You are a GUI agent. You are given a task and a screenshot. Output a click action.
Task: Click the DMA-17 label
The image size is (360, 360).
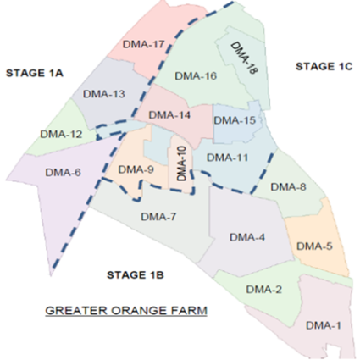144,44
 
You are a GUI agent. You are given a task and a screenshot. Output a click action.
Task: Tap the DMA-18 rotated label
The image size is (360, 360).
244,58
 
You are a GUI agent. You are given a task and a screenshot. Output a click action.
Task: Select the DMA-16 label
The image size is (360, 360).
196,76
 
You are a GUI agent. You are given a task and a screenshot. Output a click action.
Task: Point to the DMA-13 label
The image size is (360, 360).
104,94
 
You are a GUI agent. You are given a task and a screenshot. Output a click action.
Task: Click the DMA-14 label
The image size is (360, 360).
169,115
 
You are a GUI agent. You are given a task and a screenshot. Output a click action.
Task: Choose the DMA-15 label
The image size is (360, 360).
235,120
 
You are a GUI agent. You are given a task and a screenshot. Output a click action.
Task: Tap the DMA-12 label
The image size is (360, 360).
61,134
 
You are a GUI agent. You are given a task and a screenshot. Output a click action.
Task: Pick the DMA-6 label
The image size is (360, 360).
63,173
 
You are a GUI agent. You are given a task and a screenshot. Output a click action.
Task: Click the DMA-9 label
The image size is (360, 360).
136,169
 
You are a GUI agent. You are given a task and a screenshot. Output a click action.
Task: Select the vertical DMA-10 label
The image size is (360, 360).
181,163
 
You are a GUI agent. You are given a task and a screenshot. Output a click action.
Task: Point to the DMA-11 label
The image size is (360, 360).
227,158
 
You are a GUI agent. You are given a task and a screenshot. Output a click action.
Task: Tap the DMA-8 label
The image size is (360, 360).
288,187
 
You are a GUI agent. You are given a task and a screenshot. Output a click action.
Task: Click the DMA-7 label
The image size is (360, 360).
158,217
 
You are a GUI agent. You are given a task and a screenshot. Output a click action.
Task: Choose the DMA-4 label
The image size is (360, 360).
247,237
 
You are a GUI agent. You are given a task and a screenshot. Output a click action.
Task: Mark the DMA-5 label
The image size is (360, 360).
314,246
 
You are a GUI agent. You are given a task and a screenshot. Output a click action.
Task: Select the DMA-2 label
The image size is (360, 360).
263,290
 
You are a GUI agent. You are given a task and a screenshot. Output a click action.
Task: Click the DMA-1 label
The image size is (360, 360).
324,325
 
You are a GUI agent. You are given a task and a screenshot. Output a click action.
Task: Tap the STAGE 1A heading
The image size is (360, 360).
35,73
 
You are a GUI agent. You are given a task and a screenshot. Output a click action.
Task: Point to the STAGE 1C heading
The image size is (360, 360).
324,66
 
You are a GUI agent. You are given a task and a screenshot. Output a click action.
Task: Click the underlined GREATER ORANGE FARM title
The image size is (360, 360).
126,311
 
